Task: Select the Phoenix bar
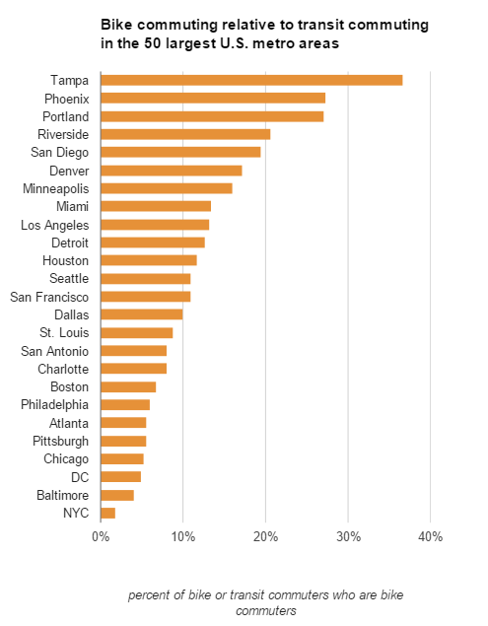[x=213, y=98]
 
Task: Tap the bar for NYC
[x=108, y=513]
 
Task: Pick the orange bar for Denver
[x=172, y=171]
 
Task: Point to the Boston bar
[x=128, y=386]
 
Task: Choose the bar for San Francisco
[x=146, y=297]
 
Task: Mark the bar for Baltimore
[x=117, y=495]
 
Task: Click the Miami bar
[x=156, y=206]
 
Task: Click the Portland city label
[x=67, y=116]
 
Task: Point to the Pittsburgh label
[x=60, y=441]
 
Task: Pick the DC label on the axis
[x=80, y=477]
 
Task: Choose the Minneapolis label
[x=55, y=188]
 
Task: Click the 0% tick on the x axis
[x=101, y=536]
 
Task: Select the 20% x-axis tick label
[x=265, y=536]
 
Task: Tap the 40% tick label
[x=430, y=536]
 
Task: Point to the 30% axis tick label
[x=347, y=536]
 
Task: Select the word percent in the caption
[x=151, y=596]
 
